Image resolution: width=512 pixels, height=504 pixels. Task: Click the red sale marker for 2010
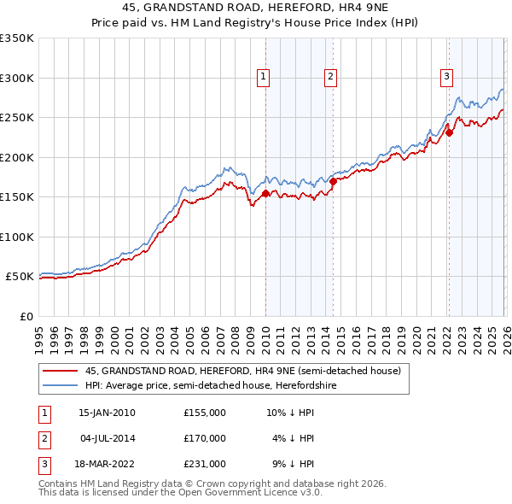point(265,194)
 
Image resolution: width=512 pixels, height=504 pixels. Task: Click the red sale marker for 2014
point(333,181)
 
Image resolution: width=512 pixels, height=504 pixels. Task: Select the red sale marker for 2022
point(449,133)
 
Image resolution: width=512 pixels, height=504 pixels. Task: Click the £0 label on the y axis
point(26,316)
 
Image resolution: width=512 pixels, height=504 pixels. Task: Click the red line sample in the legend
point(61,371)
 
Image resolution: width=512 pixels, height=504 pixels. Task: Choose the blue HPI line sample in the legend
point(61,385)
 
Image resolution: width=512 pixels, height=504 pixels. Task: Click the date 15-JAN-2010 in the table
point(107,413)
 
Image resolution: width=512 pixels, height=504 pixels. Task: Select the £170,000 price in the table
point(204,438)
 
